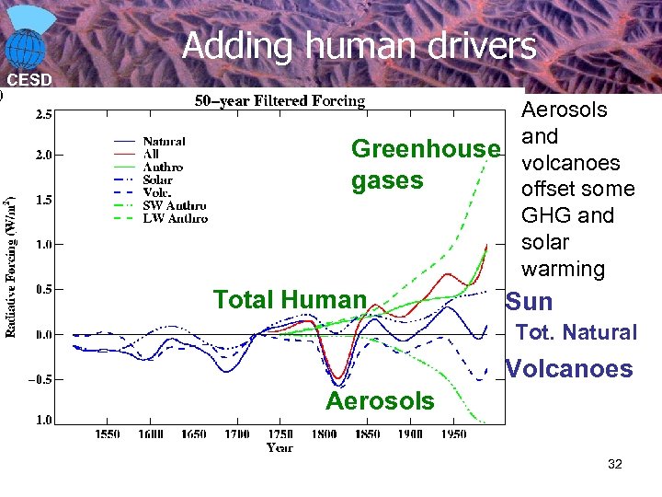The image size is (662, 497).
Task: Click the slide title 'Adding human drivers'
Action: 359,45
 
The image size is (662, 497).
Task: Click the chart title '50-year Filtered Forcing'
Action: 280,100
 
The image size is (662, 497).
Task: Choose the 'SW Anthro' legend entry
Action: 174,206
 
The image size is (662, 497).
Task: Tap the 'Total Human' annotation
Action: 290,299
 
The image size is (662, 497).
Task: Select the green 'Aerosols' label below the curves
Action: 380,400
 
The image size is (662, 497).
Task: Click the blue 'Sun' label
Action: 530,302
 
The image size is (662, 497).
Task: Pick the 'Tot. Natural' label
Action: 576,332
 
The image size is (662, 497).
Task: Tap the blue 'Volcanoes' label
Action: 569,369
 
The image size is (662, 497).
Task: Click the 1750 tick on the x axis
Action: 280,433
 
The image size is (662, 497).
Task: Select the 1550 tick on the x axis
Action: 107,433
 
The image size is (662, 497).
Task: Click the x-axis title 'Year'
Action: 280,447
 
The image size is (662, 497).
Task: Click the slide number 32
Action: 614,465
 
